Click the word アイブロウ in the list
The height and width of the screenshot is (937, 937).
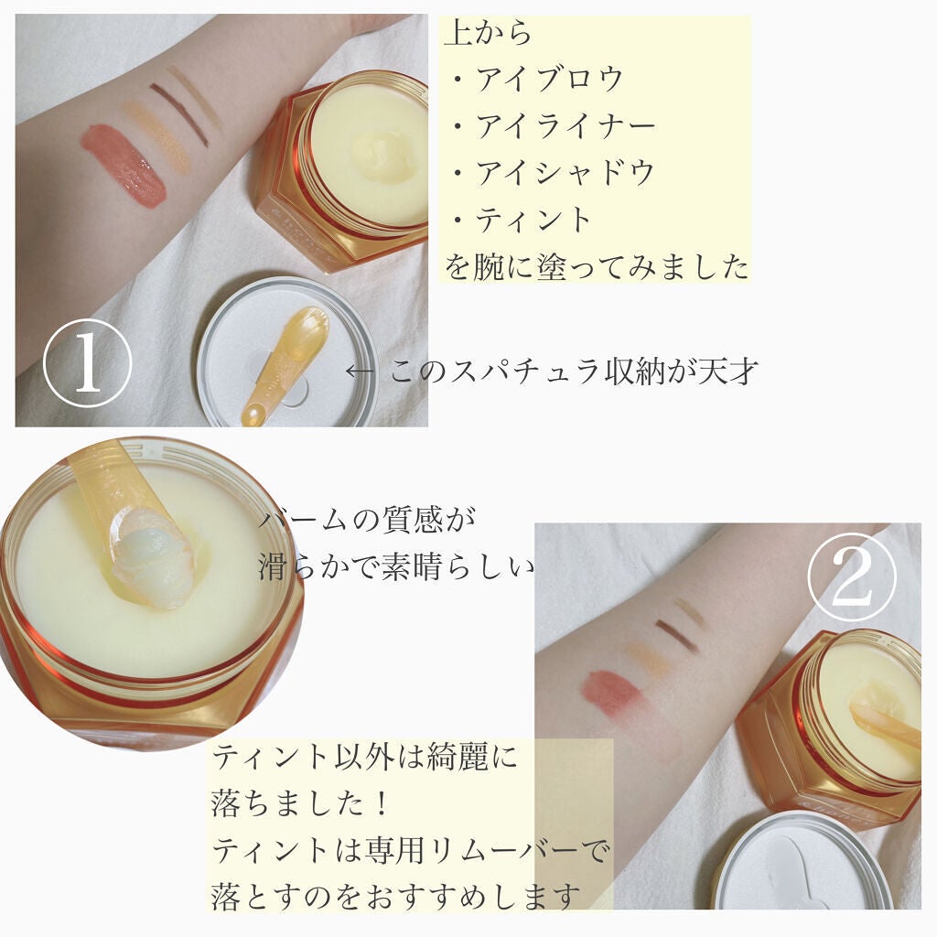548,79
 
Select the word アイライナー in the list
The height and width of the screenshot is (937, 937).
565,125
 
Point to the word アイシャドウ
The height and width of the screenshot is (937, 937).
565,172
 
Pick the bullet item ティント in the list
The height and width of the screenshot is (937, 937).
533,220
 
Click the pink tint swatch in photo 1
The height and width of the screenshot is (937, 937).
124,164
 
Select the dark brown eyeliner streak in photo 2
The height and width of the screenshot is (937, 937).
676,635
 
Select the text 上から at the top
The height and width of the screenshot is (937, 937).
488,34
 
